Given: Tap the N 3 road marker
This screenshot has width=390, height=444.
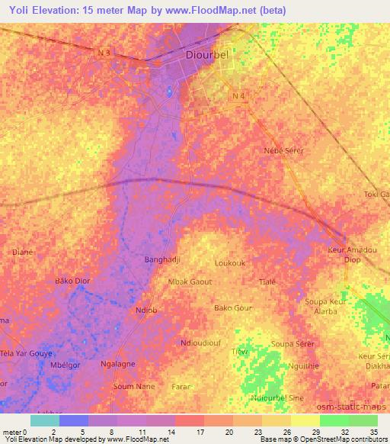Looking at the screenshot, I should [104, 52].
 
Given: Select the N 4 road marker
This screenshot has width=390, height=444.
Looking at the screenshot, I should [239, 95].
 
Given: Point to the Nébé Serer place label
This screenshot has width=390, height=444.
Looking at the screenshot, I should [283, 150].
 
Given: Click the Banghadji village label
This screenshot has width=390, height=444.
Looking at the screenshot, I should [161, 259].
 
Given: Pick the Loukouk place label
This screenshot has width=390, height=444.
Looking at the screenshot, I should [230, 263].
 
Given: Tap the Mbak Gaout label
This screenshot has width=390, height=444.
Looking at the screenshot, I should [190, 282].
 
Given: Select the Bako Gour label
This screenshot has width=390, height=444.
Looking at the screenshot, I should [232, 308].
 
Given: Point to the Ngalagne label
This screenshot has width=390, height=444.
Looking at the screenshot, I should [117, 364].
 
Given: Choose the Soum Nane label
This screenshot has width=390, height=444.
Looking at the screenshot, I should [133, 386].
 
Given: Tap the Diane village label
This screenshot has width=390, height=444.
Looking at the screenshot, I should [22, 251].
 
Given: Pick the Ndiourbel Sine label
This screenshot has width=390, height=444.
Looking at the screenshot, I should [277, 398].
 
